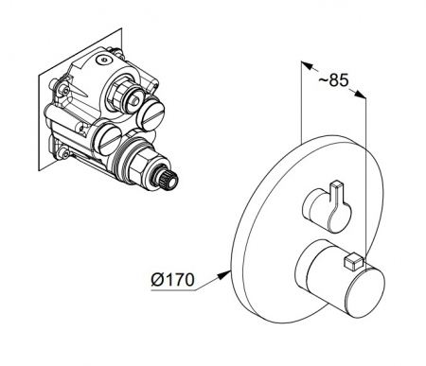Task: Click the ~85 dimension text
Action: [x=333, y=80]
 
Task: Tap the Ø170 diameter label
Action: [x=172, y=279]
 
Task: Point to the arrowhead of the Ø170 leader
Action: [x=223, y=274]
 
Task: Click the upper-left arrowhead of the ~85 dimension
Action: [x=307, y=65]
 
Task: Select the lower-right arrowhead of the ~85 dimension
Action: [x=361, y=95]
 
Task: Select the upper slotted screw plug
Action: [x=151, y=113]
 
